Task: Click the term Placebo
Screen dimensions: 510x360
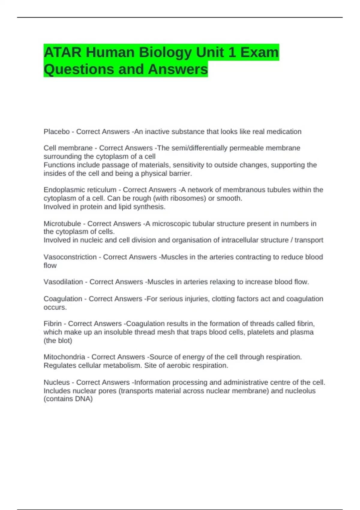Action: tap(56, 132)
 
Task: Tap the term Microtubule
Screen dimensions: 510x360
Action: tap(62, 223)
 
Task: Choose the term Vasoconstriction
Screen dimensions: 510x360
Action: tap(70, 257)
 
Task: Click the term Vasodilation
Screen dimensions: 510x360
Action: tap(63, 282)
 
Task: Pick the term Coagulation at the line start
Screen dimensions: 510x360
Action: tap(63, 299)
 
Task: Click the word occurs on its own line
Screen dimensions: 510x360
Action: tap(55, 307)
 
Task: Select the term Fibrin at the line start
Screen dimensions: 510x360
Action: tap(52, 324)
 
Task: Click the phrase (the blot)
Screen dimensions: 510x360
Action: tap(58, 341)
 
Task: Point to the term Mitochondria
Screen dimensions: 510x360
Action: tap(64, 357)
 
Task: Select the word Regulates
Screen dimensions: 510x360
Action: tap(60, 365)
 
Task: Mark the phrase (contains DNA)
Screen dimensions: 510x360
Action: tap(68, 399)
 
